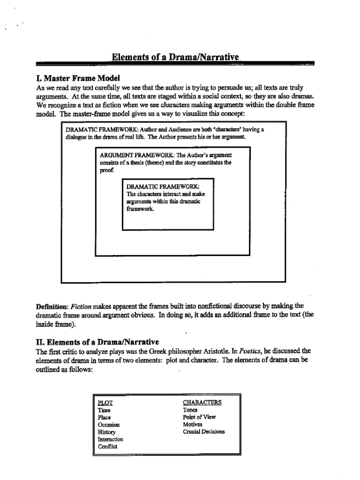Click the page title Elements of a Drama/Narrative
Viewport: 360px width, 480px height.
175,57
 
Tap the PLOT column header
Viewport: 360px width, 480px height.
105,403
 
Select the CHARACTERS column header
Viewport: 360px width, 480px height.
202,402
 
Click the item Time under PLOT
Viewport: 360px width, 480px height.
104,410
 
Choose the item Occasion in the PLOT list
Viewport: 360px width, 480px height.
109,425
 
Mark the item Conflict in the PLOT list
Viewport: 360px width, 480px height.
107,447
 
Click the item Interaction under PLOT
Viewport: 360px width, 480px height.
110,439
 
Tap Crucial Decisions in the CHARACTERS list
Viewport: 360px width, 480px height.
204,432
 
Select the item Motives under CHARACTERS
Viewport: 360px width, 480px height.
193,424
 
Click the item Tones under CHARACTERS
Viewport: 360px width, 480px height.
190,410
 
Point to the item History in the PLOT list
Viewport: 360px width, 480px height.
106,432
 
